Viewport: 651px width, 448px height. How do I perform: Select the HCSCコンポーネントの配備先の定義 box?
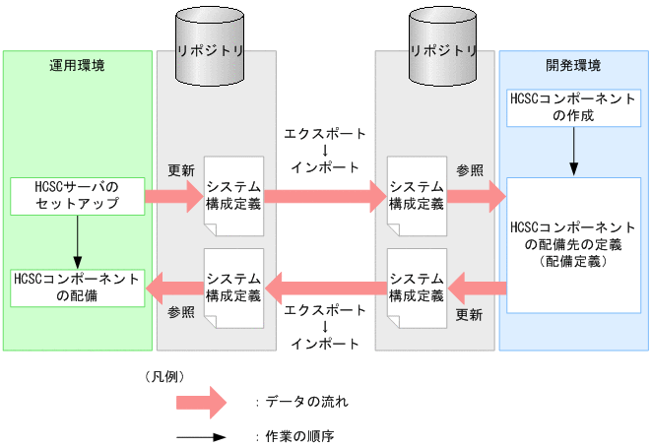tap(573, 244)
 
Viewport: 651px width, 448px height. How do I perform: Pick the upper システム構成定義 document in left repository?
tap(233, 196)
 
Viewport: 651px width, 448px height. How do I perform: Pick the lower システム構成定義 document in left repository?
tap(233, 287)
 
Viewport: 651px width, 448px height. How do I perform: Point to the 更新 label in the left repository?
tap(181, 169)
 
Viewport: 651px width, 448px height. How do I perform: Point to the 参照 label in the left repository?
tap(181, 312)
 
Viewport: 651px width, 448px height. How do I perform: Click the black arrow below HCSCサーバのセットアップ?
tap(77, 240)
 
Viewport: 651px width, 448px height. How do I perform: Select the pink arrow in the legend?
tap(201, 402)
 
